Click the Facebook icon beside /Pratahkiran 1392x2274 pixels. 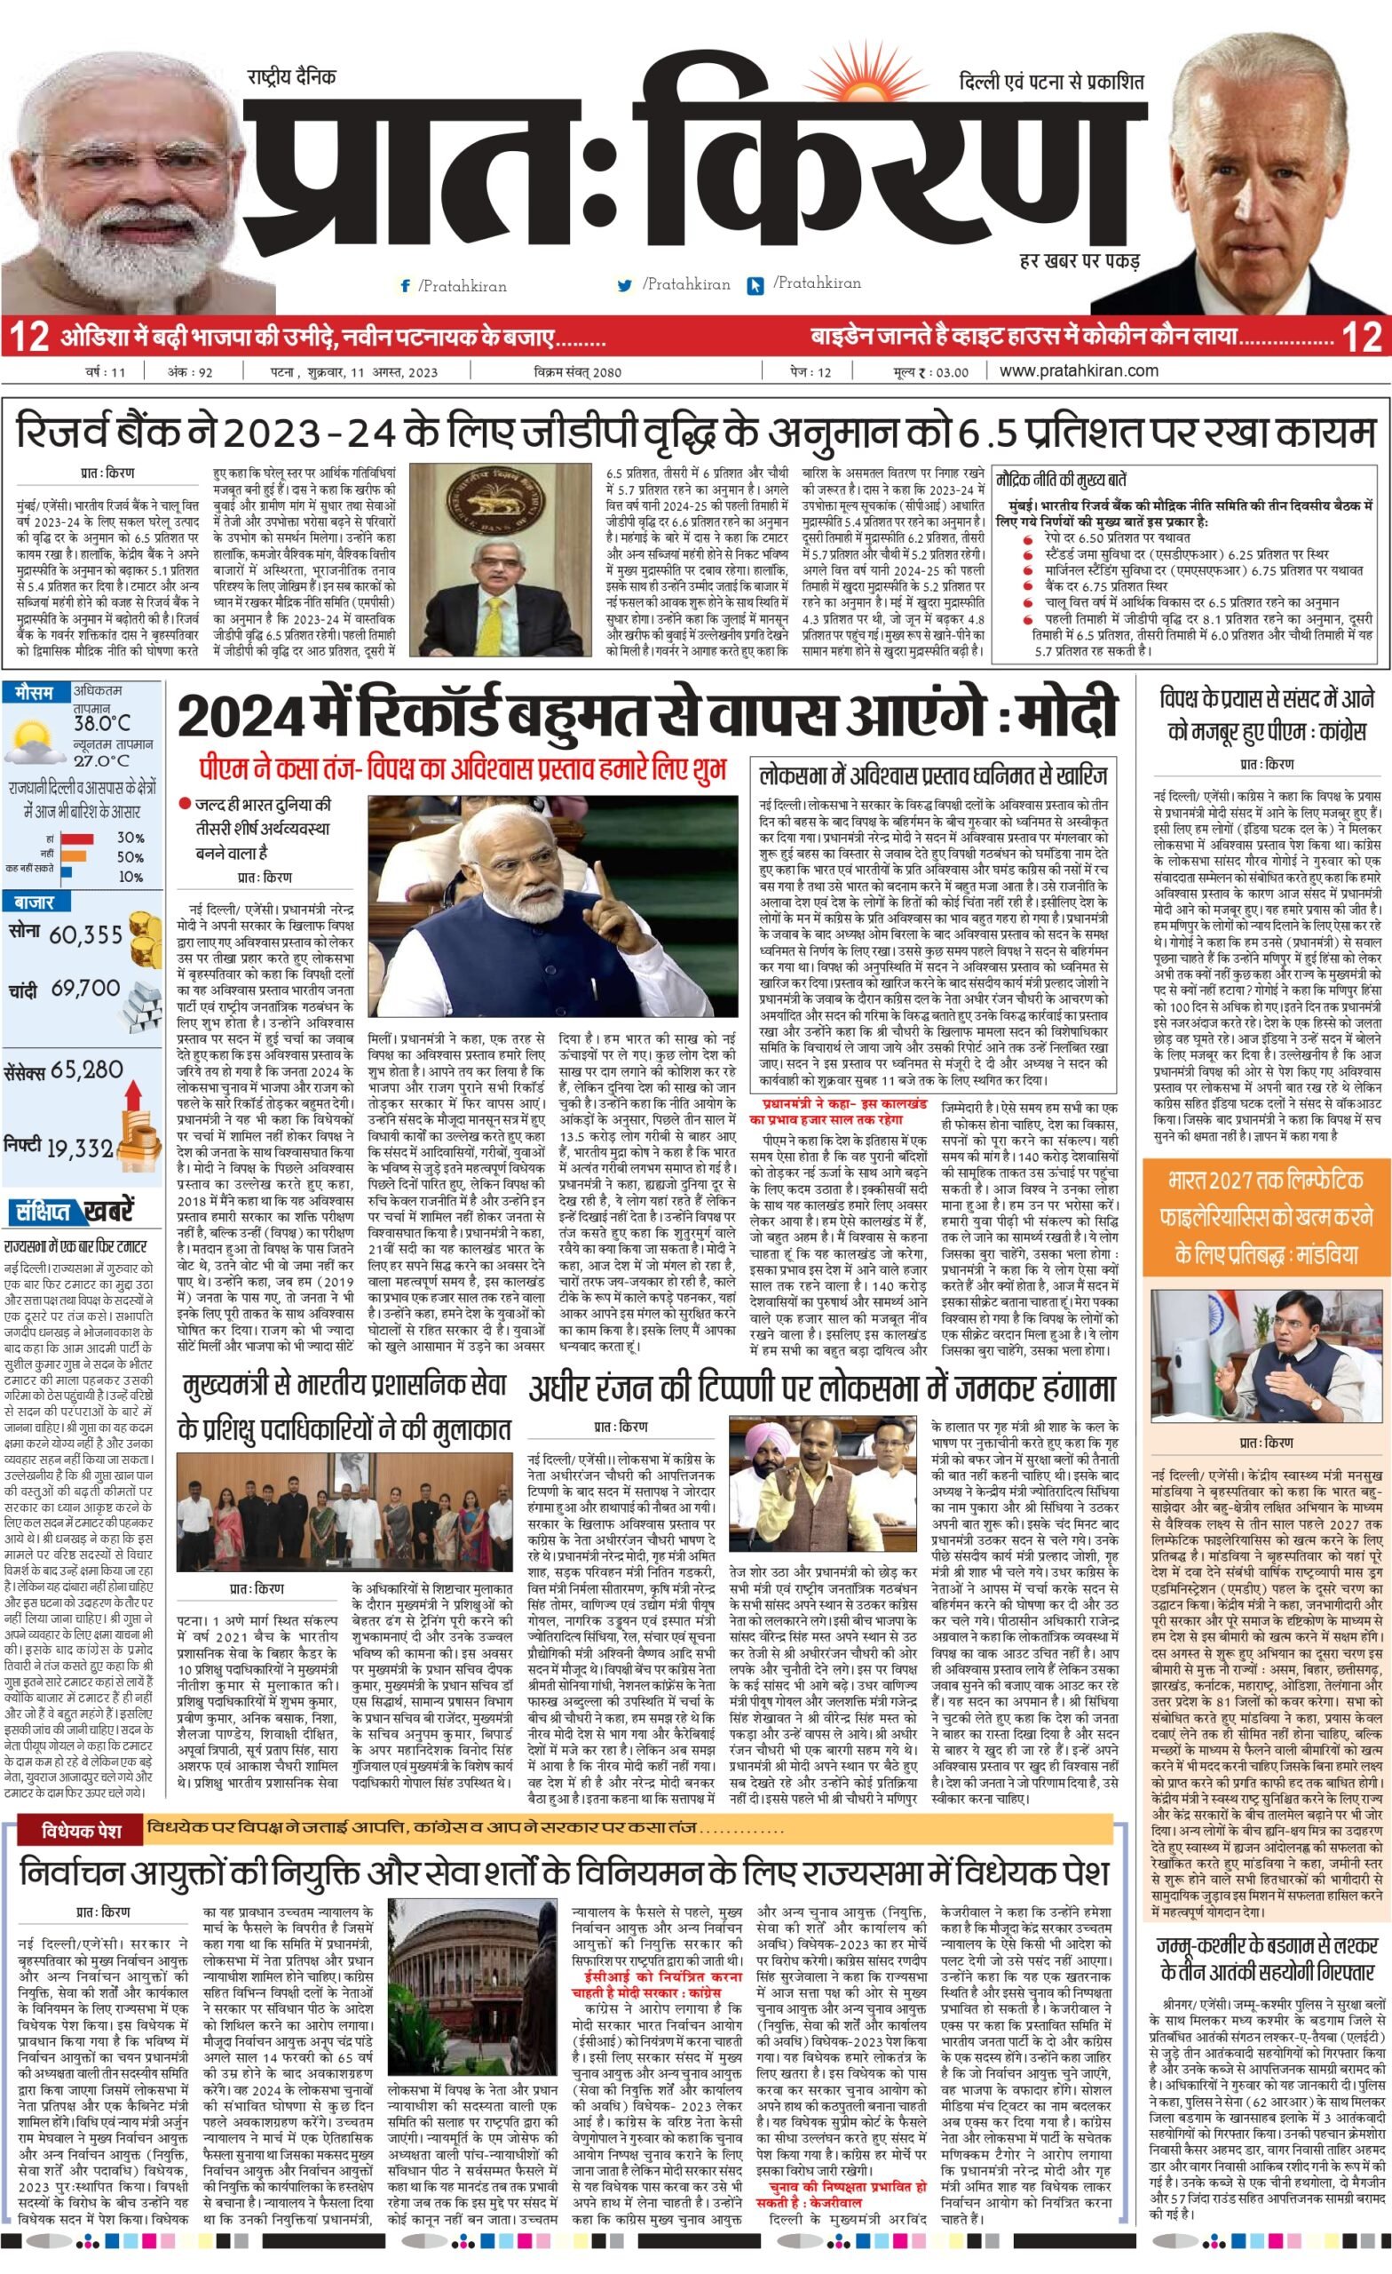pyautogui.click(x=405, y=286)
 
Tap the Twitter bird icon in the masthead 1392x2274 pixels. pyautogui.click(x=624, y=286)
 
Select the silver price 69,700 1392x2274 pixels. pyautogui.click(x=86, y=989)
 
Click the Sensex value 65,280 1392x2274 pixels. pyautogui.click(x=88, y=1070)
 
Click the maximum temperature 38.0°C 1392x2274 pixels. pyautogui.click(x=101, y=723)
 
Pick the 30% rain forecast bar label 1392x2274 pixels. pyautogui.click(x=130, y=838)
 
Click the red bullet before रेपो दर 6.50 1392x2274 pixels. pyautogui.click(x=1028, y=539)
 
